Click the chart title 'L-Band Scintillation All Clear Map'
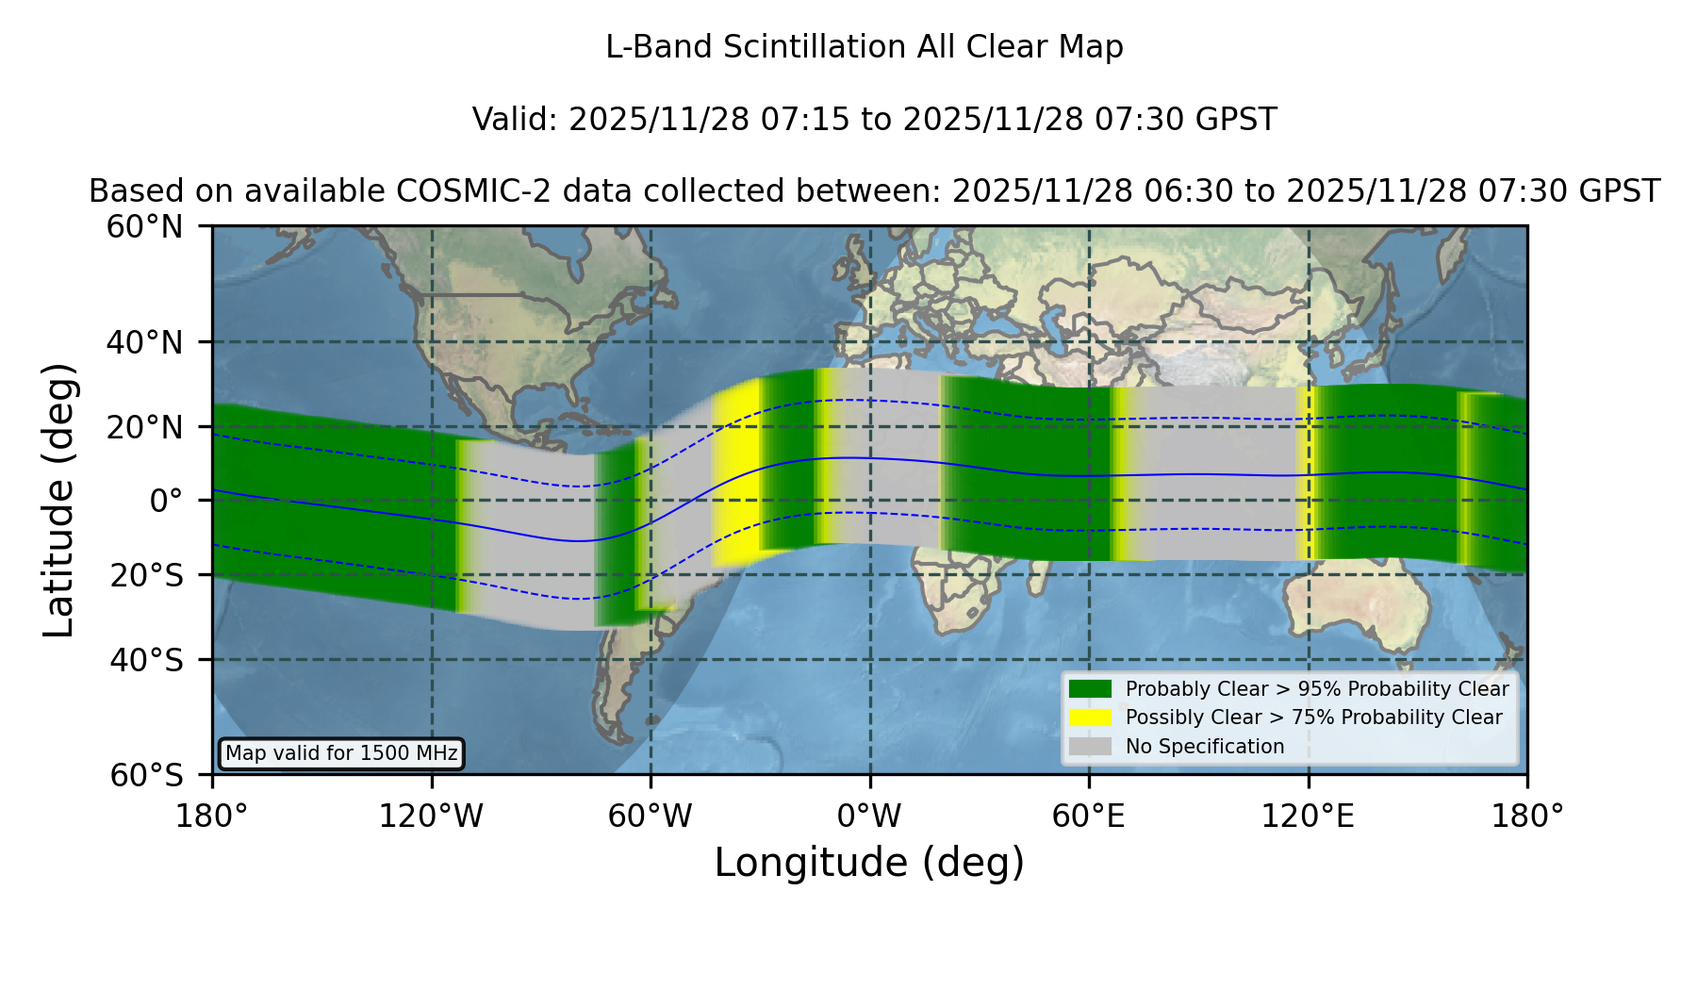point(864,47)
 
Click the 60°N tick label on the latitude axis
point(145,226)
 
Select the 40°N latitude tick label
point(145,342)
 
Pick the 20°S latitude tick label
point(147,575)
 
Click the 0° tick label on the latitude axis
point(167,501)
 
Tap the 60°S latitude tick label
point(147,775)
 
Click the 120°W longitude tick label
point(431,816)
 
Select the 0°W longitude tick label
point(870,816)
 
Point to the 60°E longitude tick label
point(1089,816)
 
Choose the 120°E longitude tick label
point(1309,816)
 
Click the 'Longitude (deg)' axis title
point(869,863)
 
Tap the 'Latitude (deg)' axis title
point(58,500)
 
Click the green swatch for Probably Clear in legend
point(1091,688)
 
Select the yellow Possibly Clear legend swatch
point(1091,718)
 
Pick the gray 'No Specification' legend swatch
point(1091,747)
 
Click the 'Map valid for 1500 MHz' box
point(341,753)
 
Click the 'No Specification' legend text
point(1205,747)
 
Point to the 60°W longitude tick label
point(651,816)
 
